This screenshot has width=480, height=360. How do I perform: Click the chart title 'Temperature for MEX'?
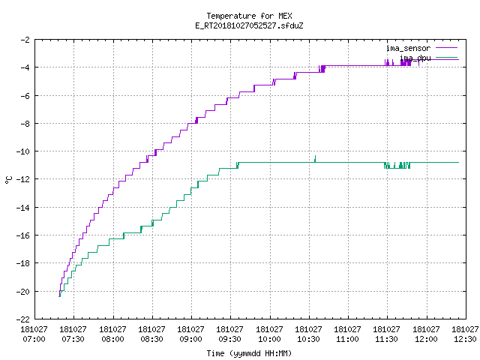coord(249,16)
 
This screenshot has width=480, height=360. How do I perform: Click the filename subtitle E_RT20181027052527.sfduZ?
coord(249,25)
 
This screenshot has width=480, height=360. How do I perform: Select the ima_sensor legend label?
coord(408,48)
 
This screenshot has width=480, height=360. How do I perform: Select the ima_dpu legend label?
coord(415,58)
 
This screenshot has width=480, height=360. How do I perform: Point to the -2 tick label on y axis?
coord(25,40)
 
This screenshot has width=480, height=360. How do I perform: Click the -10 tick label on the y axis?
coord(23,151)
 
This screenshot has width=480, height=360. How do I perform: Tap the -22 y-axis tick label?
coord(23,319)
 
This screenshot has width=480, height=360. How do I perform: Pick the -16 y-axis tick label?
coord(23,235)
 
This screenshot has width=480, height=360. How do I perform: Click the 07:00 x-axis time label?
coord(34,339)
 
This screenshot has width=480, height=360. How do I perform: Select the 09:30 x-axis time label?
coord(229,339)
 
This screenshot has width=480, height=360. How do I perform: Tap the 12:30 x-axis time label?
coord(465,339)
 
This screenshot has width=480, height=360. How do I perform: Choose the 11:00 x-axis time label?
coord(347,339)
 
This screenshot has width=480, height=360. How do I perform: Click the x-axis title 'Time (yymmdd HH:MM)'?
coord(249,353)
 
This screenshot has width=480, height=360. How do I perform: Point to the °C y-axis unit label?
coord(9,180)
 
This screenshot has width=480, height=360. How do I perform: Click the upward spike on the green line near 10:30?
coord(315,158)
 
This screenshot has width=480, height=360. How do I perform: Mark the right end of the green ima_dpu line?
coord(458,162)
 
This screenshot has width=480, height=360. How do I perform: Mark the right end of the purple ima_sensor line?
coord(458,59)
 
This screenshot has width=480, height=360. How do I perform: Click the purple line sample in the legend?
coord(447,48)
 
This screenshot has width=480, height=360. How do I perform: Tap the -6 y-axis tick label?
coord(25,96)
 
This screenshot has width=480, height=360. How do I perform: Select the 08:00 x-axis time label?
coord(112,339)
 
